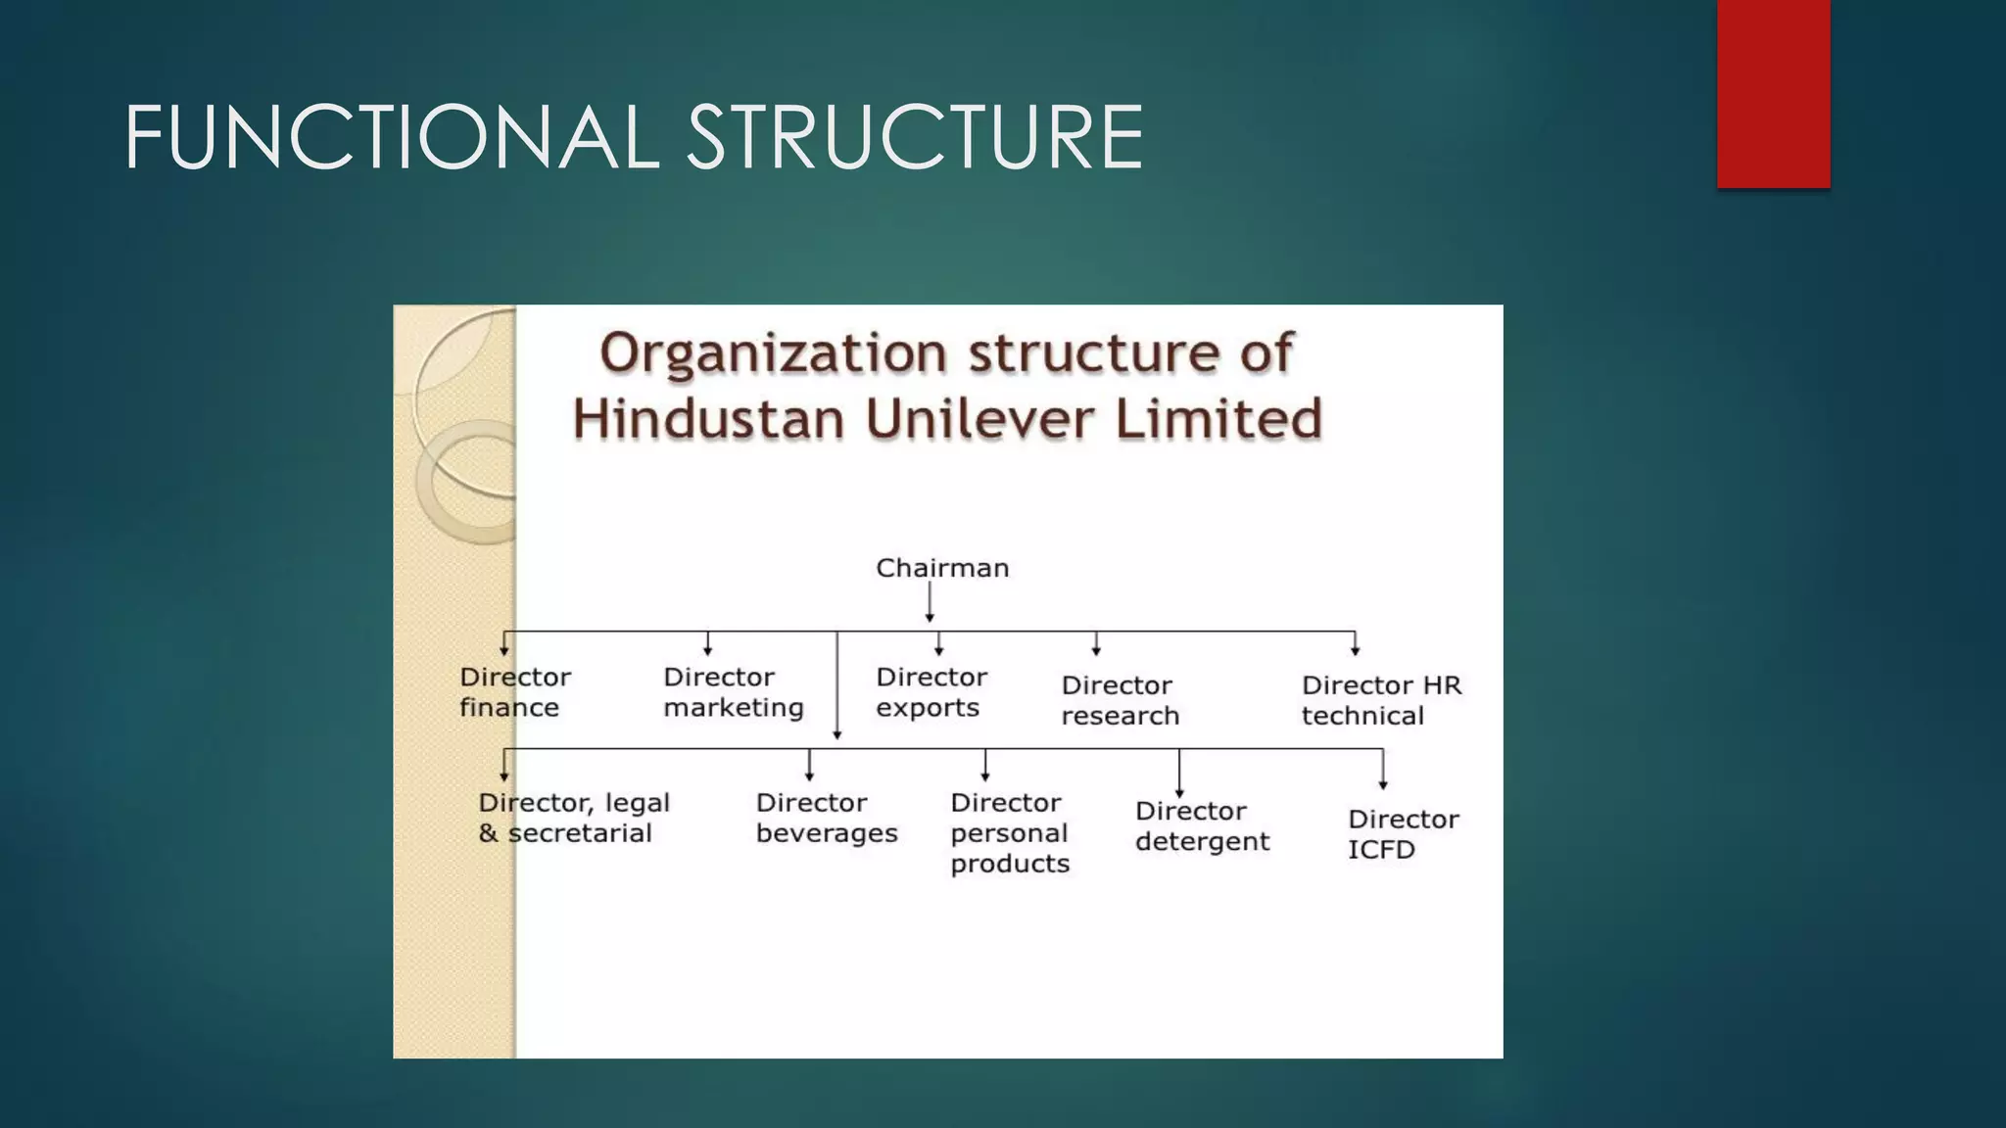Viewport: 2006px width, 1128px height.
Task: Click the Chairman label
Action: tap(941, 568)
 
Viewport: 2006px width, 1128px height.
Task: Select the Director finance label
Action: tap(514, 692)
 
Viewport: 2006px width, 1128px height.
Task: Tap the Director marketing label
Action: tap(733, 692)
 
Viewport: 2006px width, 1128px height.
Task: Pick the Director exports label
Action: tap(931, 692)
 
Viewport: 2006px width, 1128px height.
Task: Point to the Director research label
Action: tap(1120, 700)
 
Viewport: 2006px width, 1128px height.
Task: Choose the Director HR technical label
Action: tap(1380, 700)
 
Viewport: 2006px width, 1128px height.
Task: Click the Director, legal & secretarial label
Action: tap(573, 818)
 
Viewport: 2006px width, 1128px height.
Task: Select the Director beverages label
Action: tap(826, 818)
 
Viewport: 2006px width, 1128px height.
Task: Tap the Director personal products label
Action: tap(1009, 832)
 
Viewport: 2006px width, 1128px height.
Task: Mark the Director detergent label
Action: tap(1202, 825)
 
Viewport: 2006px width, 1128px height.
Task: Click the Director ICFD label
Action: tap(1403, 833)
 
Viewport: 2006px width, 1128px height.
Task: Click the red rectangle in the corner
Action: tap(1773, 93)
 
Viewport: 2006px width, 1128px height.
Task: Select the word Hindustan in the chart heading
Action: tap(707, 419)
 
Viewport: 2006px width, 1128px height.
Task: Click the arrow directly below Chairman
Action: tap(930, 602)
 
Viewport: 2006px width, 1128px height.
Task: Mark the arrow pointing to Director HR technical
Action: tap(1355, 644)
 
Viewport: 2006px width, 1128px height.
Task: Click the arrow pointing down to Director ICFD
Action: tap(1382, 770)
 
